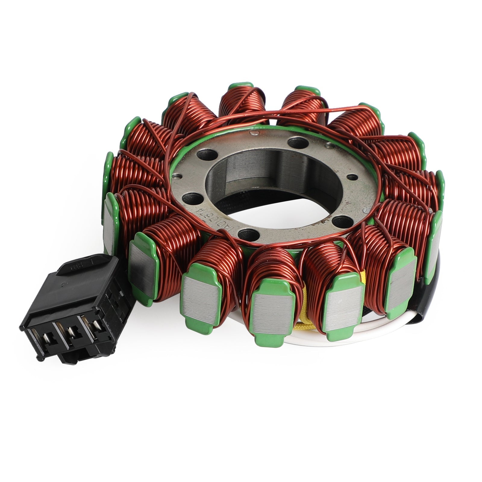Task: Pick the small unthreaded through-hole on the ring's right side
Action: click(350, 177)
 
